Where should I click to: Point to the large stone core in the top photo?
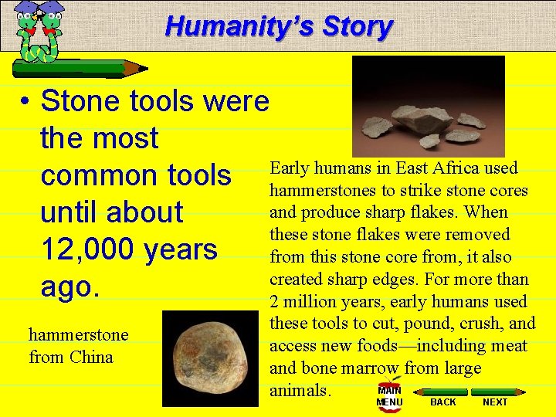pos(421,120)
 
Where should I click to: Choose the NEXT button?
pos(495,402)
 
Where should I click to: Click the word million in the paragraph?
pos(309,302)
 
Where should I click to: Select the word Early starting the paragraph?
pos(290,168)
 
